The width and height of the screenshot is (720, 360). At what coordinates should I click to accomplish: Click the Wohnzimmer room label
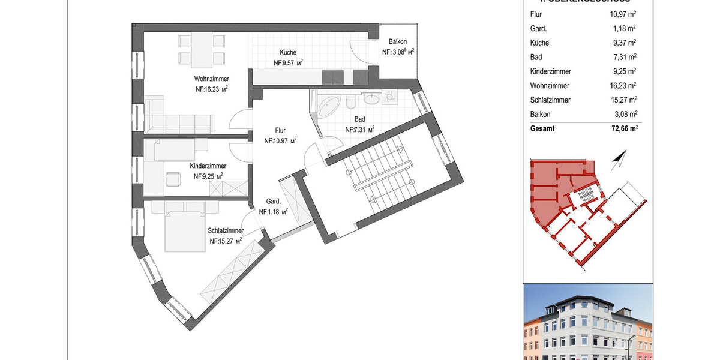pyautogui.click(x=211, y=79)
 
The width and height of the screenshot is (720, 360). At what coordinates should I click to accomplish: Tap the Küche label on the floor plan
pyautogui.click(x=288, y=53)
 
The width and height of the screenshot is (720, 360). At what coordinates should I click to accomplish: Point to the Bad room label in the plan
pyautogui.click(x=359, y=119)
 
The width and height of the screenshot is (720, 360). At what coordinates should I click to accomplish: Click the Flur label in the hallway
pyautogui.click(x=280, y=130)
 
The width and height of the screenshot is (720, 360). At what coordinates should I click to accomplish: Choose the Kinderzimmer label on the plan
pyautogui.click(x=208, y=166)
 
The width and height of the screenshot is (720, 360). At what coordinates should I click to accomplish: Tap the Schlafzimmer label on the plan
pyautogui.click(x=226, y=231)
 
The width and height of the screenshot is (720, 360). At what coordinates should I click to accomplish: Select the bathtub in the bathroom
pyautogui.click(x=329, y=106)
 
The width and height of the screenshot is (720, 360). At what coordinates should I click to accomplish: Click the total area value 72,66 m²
pyautogui.click(x=620, y=128)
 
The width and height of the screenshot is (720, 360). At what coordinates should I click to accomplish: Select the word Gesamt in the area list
pyautogui.click(x=543, y=128)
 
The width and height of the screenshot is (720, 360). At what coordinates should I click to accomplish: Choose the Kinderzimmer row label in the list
pyautogui.click(x=550, y=71)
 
